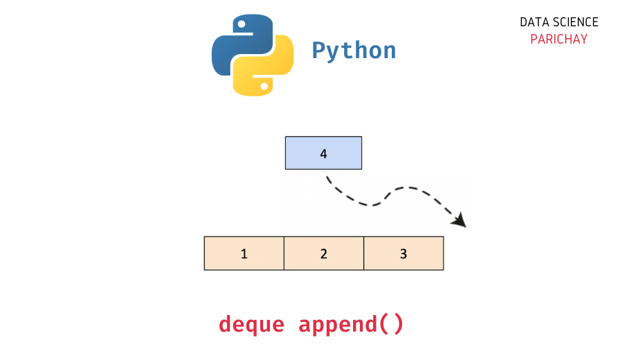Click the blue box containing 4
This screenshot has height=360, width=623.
coord(323,153)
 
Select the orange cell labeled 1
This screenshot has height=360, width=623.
coord(244,253)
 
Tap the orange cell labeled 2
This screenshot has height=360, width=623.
coord(324,253)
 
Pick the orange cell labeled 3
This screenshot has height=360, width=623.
coord(404,253)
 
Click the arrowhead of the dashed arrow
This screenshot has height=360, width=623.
coord(460,221)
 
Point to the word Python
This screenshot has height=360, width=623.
coord(354,51)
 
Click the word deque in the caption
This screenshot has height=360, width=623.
coord(251,324)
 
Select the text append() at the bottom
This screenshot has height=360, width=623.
coord(351,324)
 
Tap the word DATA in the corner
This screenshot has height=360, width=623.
coord(534,22)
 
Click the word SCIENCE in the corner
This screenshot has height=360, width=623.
coord(575,22)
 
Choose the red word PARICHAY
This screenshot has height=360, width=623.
coord(559,39)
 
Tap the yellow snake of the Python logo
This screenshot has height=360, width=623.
coord(267,68)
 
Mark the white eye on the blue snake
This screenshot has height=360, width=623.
coord(241,24)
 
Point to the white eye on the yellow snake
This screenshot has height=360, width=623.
coord(264,87)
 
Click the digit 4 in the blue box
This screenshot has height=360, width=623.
coord(323,154)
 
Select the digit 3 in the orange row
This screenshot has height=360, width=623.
coord(404,253)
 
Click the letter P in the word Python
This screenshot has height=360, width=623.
coord(318,50)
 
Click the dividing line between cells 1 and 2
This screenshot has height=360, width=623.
coord(284,253)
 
